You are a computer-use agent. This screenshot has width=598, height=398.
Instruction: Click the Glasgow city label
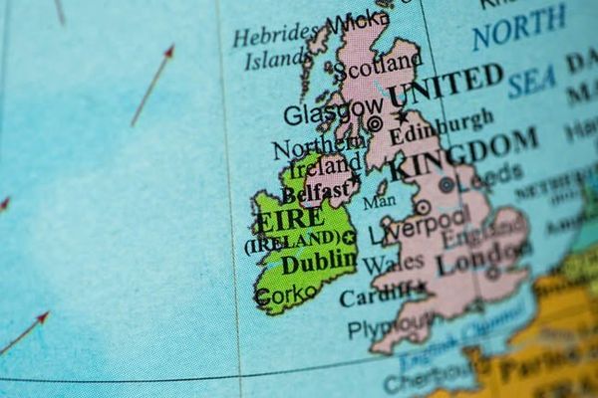(x=331, y=111)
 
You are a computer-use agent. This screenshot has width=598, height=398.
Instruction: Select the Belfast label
(x=315, y=189)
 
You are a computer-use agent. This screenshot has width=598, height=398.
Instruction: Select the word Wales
(x=392, y=265)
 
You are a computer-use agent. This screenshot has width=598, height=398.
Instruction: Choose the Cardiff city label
(x=375, y=296)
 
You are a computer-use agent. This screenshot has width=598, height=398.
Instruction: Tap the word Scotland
(x=377, y=68)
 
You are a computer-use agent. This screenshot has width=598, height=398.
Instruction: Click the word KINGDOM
(x=464, y=153)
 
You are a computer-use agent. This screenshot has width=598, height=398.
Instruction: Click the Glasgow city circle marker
(x=375, y=123)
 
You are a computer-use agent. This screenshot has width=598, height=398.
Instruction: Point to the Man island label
(x=379, y=201)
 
